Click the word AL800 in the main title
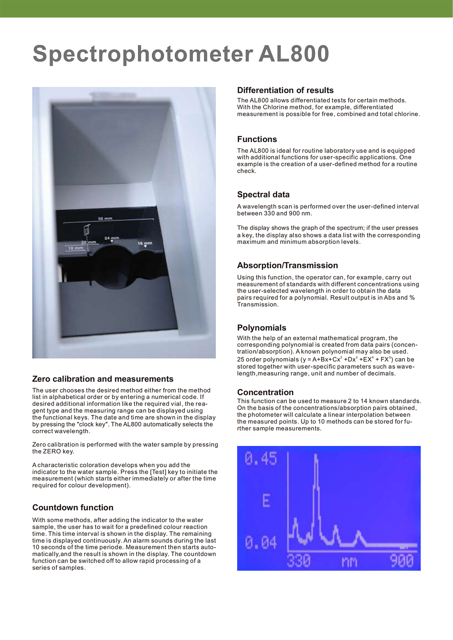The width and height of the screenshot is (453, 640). (x=294, y=54)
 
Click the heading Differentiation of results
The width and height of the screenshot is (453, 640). (x=285, y=91)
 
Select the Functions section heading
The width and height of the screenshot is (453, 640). (x=257, y=139)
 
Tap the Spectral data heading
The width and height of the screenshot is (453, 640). (x=263, y=195)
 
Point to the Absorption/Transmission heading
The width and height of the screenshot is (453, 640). (x=288, y=266)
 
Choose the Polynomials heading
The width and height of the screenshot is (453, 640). (x=262, y=328)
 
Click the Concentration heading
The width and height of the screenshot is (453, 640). (x=265, y=392)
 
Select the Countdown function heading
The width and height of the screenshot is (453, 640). (x=73, y=508)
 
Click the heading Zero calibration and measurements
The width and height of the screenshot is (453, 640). (x=103, y=379)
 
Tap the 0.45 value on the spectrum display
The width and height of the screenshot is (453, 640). (x=261, y=459)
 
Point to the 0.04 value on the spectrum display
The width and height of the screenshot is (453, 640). (x=261, y=543)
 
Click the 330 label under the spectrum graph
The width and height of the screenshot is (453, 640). (x=299, y=561)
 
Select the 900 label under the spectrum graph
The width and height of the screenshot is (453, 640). (x=402, y=561)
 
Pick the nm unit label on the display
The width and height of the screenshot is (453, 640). (x=350, y=562)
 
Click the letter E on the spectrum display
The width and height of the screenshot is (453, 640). (x=266, y=501)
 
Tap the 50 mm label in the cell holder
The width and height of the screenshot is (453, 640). (x=105, y=219)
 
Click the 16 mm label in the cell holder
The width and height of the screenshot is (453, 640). (x=145, y=243)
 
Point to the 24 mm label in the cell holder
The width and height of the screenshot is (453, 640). (x=112, y=238)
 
